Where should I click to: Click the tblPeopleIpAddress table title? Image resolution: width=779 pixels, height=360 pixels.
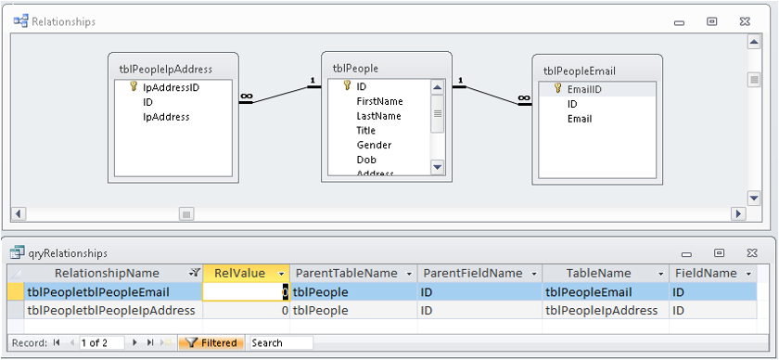(x=165, y=70)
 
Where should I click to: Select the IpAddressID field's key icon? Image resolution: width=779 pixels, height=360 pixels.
(x=134, y=86)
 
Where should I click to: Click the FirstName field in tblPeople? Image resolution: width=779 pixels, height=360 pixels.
(x=379, y=101)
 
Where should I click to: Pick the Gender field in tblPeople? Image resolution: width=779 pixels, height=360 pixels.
(x=374, y=145)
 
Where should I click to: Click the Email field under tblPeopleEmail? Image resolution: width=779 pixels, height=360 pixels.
(x=580, y=119)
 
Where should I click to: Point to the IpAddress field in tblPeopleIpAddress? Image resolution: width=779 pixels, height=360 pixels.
(x=166, y=117)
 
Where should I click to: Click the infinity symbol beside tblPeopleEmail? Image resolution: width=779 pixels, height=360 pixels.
(x=524, y=98)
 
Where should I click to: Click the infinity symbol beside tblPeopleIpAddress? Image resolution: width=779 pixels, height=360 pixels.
(x=246, y=96)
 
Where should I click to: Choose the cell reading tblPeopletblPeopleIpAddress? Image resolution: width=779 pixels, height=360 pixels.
(x=111, y=311)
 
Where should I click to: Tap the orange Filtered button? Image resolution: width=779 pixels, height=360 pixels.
(x=211, y=343)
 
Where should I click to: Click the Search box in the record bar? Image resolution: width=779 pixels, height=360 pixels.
(x=281, y=343)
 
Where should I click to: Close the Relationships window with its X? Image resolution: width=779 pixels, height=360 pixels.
(x=744, y=21)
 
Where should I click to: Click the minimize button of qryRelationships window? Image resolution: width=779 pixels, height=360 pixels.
(x=687, y=254)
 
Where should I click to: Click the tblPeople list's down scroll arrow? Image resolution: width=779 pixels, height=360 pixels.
(x=437, y=167)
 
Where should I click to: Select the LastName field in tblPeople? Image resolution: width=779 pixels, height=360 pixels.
(x=378, y=116)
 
